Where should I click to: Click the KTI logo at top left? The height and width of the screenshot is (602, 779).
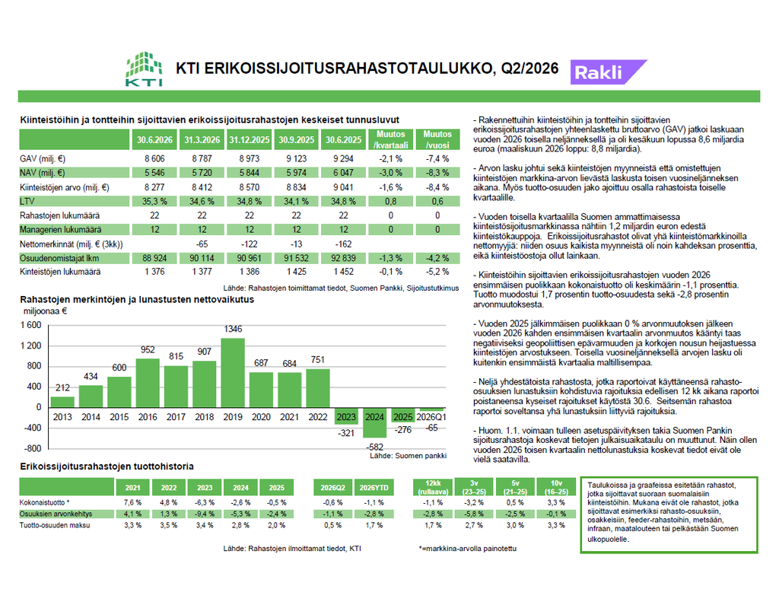(144, 69)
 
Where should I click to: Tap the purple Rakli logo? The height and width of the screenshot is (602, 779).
(608, 72)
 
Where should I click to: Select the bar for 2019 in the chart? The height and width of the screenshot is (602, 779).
(233, 373)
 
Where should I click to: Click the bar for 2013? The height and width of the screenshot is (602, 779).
(62, 402)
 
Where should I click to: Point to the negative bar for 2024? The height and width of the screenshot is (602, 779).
(374, 422)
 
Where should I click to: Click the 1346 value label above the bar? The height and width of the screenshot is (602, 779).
(233, 329)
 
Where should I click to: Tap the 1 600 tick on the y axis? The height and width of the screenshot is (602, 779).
(30, 325)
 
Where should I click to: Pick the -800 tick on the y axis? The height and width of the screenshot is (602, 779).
(33, 448)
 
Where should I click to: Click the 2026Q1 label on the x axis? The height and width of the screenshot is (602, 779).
(431, 417)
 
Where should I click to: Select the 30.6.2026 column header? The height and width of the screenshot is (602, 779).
(154, 140)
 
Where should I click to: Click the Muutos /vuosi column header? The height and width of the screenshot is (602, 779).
(437, 140)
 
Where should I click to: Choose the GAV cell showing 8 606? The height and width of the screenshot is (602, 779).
(154, 159)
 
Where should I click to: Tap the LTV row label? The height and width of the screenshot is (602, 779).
(27, 202)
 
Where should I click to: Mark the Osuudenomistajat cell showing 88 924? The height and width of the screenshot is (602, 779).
(154, 259)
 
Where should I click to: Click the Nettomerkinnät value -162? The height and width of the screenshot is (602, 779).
(343, 244)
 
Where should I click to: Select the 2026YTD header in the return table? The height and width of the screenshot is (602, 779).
(374, 488)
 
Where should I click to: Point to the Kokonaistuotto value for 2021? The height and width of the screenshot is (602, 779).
(132, 502)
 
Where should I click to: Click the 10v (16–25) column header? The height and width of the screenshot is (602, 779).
(556, 487)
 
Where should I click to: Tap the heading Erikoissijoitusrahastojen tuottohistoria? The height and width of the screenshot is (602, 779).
(107, 467)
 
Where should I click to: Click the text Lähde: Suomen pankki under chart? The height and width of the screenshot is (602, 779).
(408, 456)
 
